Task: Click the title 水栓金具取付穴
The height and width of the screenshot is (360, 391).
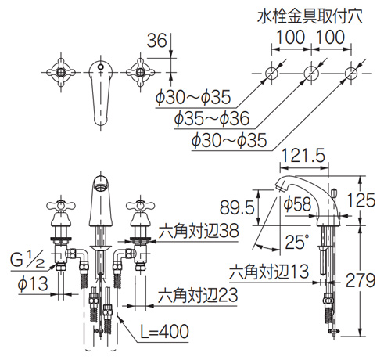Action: click(x=310, y=17)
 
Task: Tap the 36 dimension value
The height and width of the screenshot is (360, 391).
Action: click(x=156, y=41)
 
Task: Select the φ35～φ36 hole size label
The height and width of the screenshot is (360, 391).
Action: click(x=212, y=118)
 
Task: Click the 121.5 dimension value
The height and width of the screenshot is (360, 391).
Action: click(x=303, y=156)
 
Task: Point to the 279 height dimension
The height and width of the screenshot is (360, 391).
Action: click(x=361, y=280)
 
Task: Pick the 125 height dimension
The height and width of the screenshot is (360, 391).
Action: click(x=361, y=200)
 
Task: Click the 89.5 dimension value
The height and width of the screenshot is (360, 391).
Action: click(x=237, y=208)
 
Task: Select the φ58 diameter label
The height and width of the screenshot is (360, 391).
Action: click(x=297, y=203)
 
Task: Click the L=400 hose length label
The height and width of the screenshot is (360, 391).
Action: click(x=164, y=332)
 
